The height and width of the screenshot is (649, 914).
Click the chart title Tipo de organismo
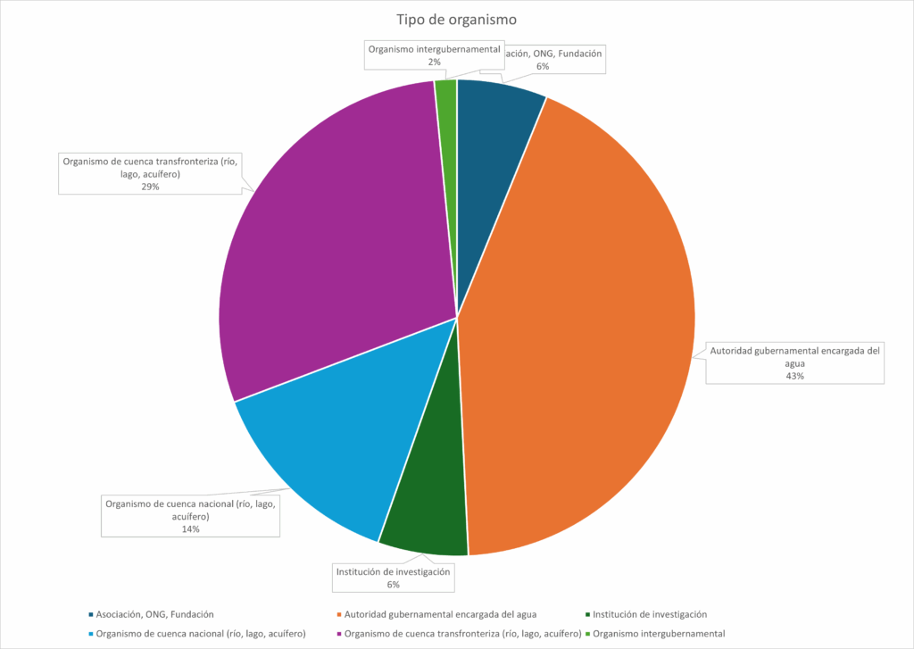(x=456, y=20)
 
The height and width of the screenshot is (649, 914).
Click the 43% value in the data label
(x=794, y=376)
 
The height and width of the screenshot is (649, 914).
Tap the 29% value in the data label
(x=150, y=187)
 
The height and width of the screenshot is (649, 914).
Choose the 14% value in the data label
(x=190, y=529)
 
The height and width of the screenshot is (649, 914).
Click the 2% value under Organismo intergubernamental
(x=434, y=62)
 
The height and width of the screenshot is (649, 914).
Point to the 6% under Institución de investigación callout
(x=393, y=585)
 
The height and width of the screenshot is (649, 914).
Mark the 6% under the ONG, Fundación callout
(x=543, y=66)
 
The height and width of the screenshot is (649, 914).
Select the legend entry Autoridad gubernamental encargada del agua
(x=439, y=614)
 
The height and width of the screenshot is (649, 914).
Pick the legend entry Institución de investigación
(x=649, y=614)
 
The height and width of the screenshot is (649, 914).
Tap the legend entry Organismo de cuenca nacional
(x=201, y=634)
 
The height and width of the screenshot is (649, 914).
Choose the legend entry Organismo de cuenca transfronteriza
(x=460, y=634)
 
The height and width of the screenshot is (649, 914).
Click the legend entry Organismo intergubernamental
(x=659, y=634)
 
